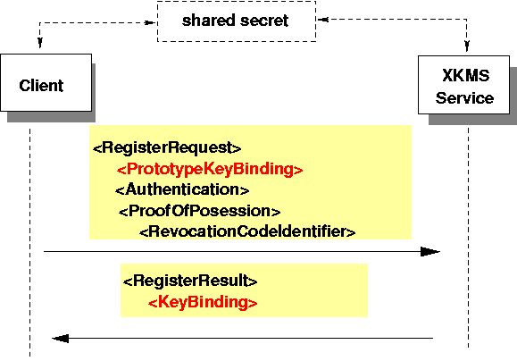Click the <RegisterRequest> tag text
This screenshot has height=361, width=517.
pos(167,147)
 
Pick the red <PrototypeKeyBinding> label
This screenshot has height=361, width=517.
pos(210,168)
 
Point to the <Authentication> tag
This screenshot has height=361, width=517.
pos(181,189)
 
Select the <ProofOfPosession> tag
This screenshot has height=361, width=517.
pos(200,211)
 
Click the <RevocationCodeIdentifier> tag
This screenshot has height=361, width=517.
pos(247,231)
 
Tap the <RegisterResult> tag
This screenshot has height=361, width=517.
pos(190,281)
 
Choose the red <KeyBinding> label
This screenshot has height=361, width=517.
pos(203,302)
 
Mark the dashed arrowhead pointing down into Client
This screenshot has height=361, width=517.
pos(39,46)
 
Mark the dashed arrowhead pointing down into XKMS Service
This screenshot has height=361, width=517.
pos(466,46)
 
